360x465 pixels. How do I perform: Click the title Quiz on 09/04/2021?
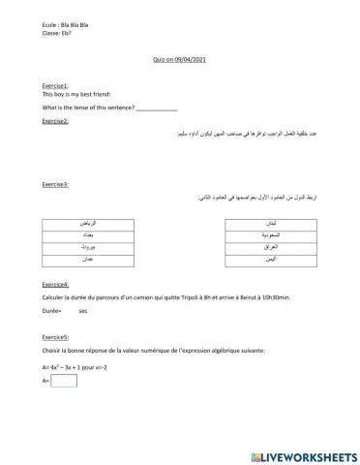click(x=180, y=60)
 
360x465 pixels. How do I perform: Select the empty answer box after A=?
click(x=64, y=382)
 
